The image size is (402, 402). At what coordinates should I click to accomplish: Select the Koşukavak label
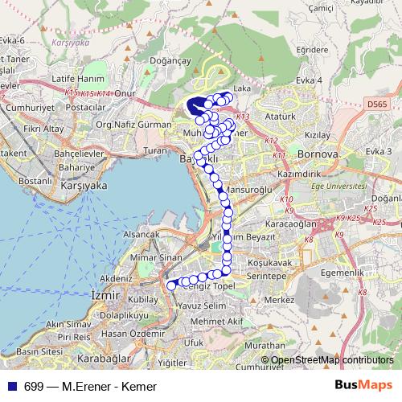click(269, 261)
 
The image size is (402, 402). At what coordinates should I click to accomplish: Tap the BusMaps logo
click(363, 385)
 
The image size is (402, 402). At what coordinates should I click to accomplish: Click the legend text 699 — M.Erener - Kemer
click(90, 387)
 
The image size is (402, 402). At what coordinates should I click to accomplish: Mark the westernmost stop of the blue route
click(170, 285)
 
